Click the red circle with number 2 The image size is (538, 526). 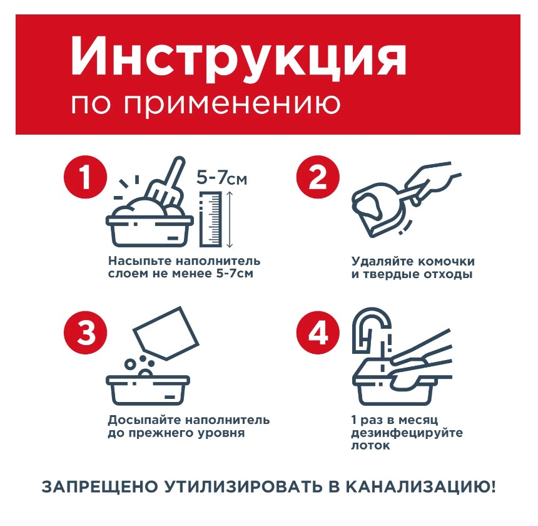(318, 178)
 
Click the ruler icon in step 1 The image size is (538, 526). (211, 219)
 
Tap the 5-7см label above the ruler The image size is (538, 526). (222, 178)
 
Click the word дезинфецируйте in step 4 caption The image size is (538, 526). (407, 433)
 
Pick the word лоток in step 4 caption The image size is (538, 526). (370, 446)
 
